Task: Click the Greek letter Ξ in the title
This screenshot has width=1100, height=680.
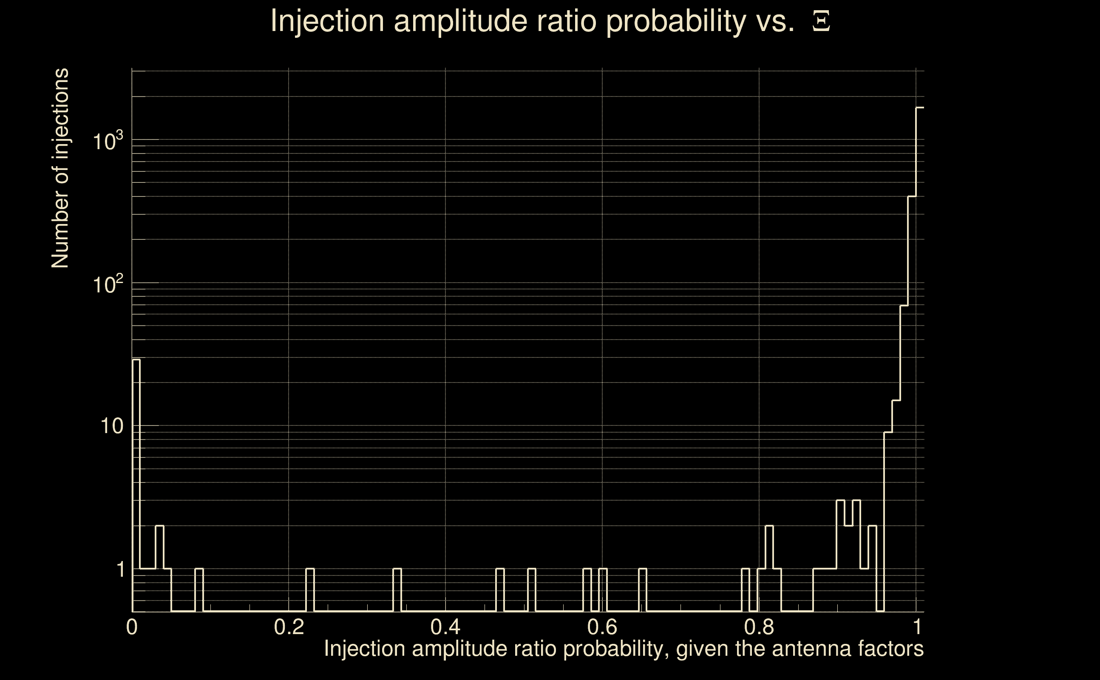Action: [821, 22]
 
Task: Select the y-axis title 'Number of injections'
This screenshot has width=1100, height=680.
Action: [60, 168]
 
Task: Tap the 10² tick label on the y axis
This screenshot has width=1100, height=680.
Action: [108, 284]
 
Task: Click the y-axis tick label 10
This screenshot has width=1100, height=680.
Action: [111, 426]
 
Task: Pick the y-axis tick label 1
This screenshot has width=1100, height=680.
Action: [120, 569]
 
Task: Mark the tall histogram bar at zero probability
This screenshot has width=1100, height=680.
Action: [136, 486]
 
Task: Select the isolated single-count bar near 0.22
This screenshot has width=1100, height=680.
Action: [310, 590]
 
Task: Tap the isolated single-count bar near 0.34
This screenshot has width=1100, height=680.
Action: [397, 590]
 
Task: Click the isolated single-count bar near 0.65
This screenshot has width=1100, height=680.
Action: [643, 590]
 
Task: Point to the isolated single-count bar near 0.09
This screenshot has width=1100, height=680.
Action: [199, 590]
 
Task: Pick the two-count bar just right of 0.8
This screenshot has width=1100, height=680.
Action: [769, 569]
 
